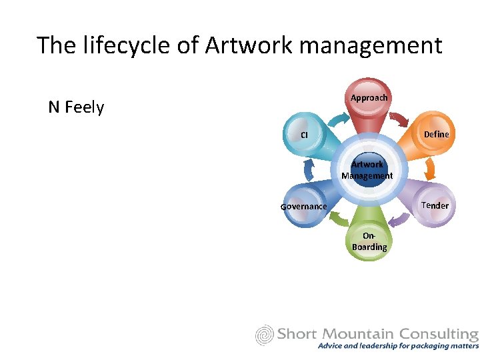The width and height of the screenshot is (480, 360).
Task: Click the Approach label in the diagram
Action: pos(369,98)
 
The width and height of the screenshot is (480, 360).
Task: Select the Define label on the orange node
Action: pos(436,134)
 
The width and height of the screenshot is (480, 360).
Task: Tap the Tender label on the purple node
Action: pos(435,205)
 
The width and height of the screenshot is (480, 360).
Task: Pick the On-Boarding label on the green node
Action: pos(369,241)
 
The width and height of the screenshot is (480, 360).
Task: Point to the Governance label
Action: pos(303,207)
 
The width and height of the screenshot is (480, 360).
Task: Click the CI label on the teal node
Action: pos(304,135)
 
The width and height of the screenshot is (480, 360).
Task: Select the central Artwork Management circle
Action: pos(367,170)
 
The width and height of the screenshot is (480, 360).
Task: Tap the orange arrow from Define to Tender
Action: pos(431,169)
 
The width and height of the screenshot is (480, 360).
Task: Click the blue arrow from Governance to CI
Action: pos(308,171)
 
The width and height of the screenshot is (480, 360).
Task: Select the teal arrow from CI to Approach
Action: pos(339,119)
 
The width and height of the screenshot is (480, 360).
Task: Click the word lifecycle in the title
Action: pos(130,45)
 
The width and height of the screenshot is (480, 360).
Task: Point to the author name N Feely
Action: pos(76,107)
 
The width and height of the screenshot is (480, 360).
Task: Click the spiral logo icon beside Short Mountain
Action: pos(265,335)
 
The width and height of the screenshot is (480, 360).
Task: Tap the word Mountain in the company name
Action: pos(361,333)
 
